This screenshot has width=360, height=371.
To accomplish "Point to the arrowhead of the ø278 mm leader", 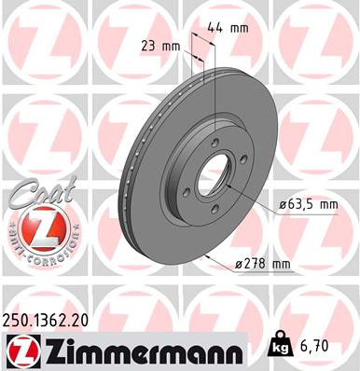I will (x=207, y=254).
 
